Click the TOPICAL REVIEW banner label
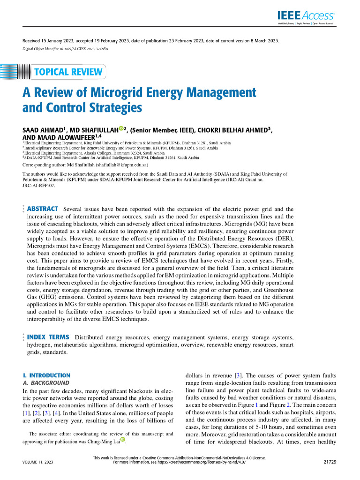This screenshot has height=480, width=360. click(68, 72)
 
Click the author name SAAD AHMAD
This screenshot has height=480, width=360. click(43, 130)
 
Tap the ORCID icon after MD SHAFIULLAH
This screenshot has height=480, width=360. click(121, 128)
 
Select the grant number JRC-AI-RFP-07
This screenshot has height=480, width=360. click(39, 185)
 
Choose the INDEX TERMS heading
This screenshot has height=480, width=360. click(48, 337)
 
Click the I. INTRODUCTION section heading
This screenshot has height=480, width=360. click(46, 375)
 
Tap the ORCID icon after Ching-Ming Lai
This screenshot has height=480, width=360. click(123, 439)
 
